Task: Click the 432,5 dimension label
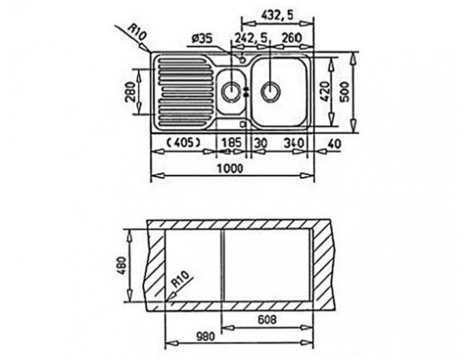[x=277, y=15]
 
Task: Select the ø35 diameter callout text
[x=202, y=39]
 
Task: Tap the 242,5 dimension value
[x=250, y=38]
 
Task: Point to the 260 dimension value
[x=292, y=38]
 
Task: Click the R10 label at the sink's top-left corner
[x=138, y=32]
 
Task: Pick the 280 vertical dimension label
[x=131, y=92]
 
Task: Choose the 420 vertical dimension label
[x=326, y=92]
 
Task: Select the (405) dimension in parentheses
[x=183, y=142]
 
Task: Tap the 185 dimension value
[x=231, y=142]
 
